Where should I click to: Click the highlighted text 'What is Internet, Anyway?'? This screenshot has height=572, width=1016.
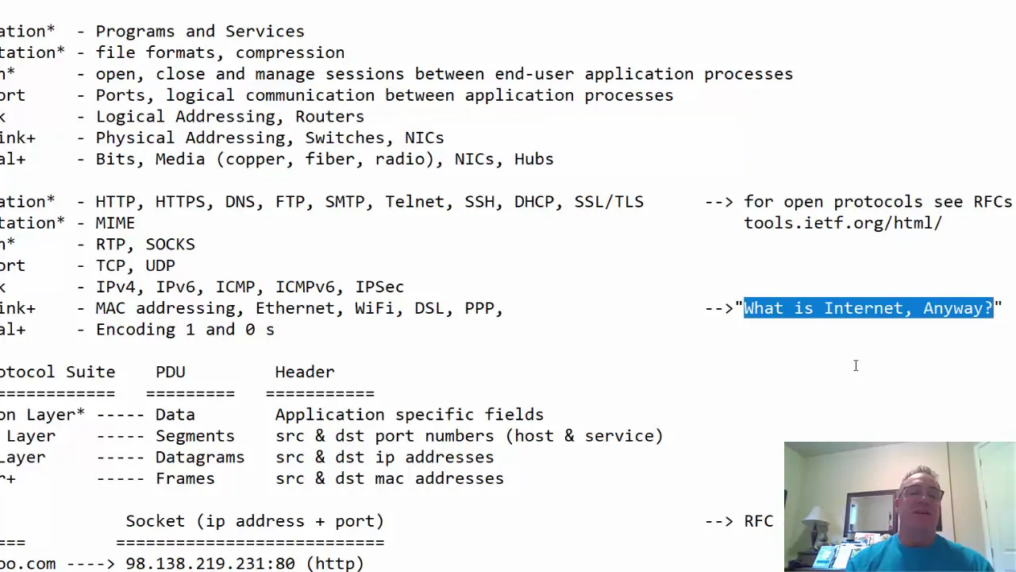coord(868,308)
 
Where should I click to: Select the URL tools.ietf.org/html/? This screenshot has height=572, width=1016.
coord(842,223)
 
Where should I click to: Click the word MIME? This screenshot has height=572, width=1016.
coord(115,223)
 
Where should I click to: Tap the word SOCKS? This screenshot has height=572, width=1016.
coord(170,245)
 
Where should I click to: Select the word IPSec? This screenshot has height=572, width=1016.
coord(379,287)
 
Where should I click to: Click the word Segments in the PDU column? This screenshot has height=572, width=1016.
coord(194,436)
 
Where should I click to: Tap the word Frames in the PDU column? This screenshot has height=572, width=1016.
coord(185,479)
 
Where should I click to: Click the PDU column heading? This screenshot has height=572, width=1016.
coord(170,372)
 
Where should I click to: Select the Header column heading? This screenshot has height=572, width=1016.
coord(305,372)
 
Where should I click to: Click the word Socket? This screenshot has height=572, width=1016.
coord(155,521)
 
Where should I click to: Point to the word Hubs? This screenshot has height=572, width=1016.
coord(533,159)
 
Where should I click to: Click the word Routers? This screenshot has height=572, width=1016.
coord(329,117)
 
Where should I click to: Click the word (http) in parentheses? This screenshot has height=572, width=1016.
coord(335,563)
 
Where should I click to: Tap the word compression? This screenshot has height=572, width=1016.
coord(290,52)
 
